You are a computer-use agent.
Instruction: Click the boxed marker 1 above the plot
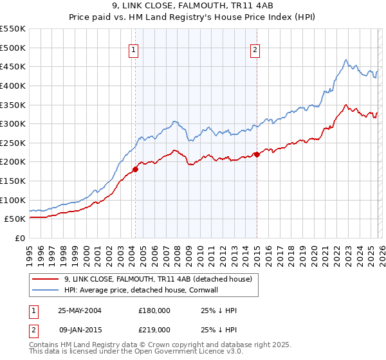(x=133, y=50)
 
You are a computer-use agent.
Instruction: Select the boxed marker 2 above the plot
(x=255, y=50)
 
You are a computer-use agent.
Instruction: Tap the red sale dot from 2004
(x=136, y=170)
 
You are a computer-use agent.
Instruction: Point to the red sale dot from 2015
(x=257, y=154)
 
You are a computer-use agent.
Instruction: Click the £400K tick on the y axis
(x=13, y=85)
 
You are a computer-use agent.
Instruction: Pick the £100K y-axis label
(x=13, y=200)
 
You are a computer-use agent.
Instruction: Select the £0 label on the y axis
(x=21, y=238)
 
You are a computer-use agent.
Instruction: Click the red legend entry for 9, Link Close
(x=161, y=279)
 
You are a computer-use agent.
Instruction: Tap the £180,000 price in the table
(x=154, y=310)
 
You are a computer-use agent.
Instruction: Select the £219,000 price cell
(x=154, y=329)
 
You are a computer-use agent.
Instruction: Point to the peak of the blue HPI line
(x=346, y=60)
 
